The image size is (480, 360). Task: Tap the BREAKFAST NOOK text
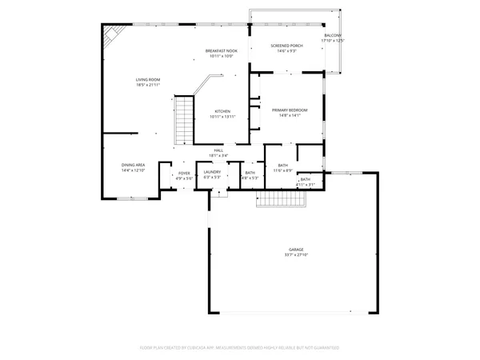click(221, 50)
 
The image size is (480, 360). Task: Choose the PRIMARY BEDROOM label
click(289, 110)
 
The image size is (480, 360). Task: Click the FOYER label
click(184, 173)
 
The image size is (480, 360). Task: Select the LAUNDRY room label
click(212, 172)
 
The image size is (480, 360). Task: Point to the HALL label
click(217, 150)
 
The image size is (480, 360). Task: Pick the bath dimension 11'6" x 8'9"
click(282, 170)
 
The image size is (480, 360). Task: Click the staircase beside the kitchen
click(185, 119)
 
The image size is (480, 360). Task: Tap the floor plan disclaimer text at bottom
click(240, 348)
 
